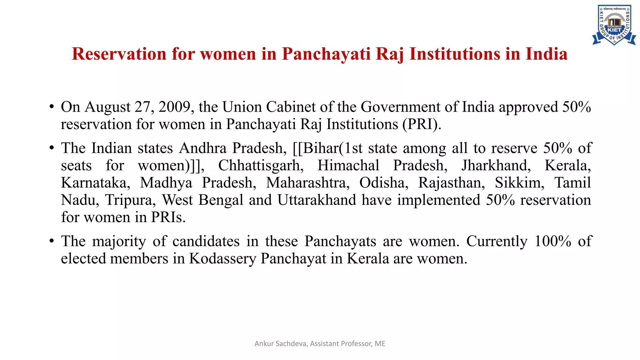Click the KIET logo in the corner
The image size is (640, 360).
point(614,25)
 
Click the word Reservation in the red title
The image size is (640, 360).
point(119,54)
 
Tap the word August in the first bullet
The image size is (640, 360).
point(107,107)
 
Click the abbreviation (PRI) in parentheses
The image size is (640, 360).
point(422,124)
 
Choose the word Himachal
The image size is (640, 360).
point(348,165)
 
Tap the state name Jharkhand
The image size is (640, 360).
point(496,165)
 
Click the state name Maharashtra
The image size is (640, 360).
point(307,183)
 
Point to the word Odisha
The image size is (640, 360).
point(384,183)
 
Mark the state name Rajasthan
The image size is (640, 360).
point(452,183)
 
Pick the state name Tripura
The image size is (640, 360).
point(130,200)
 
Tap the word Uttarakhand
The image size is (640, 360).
point(317,200)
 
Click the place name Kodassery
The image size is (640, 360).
point(222,259)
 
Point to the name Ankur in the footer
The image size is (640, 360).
point(264,344)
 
